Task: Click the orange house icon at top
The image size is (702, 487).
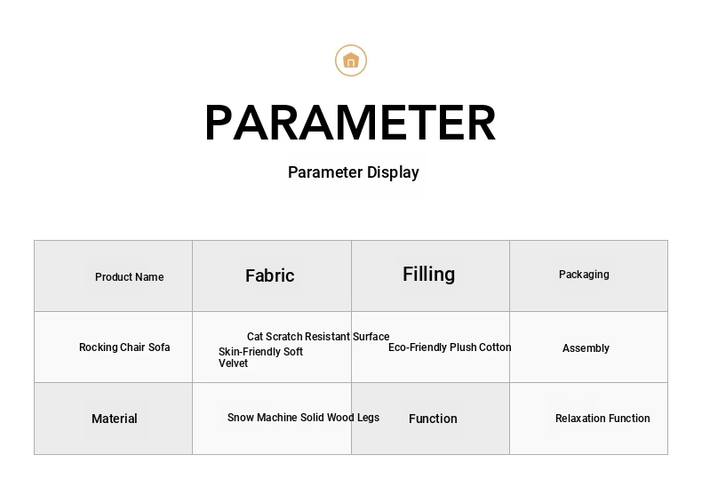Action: click(x=351, y=60)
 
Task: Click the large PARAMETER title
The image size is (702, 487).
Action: click(x=350, y=123)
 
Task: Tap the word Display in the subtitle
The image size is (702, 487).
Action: click(x=393, y=172)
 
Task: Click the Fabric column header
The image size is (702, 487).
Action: click(x=270, y=275)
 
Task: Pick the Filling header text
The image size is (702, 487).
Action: click(x=429, y=275)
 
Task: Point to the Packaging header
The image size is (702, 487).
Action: click(x=584, y=275)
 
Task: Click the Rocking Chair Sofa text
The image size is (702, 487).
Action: click(x=124, y=347)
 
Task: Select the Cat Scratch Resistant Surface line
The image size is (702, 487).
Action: click(x=318, y=336)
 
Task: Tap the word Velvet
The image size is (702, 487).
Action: click(x=233, y=363)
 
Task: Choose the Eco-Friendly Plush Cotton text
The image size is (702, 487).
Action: click(x=450, y=347)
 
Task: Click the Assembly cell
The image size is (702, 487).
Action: click(x=586, y=348)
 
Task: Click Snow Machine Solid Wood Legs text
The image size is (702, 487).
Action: click(x=304, y=418)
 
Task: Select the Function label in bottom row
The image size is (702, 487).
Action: click(x=433, y=419)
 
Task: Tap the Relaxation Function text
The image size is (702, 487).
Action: click(x=602, y=418)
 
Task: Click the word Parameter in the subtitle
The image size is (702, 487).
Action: click(x=325, y=172)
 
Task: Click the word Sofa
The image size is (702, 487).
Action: click(x=159, y=347)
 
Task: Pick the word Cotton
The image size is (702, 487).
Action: click(x=495, y=347)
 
